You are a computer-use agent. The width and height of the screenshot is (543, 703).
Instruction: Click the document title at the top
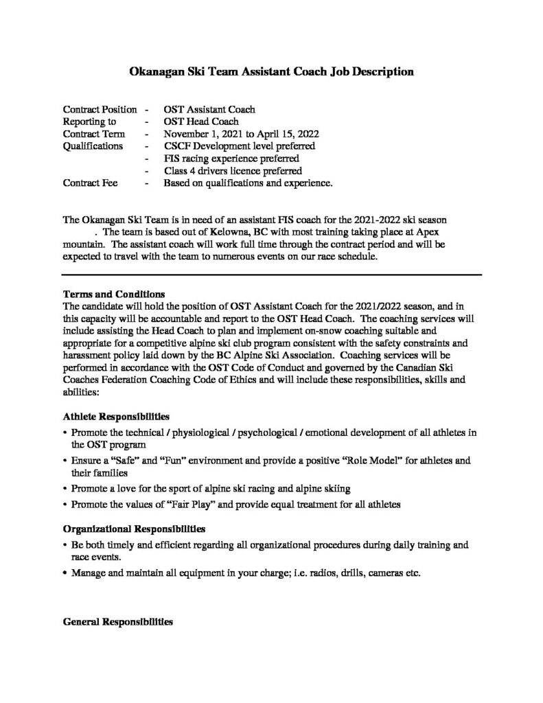pos(271,71)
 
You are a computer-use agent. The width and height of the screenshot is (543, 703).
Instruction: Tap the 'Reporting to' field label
pos(89,122)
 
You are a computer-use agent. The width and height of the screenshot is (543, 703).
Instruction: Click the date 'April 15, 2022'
pos(289,134)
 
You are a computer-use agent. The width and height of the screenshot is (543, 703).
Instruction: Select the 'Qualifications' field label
pos(93,146)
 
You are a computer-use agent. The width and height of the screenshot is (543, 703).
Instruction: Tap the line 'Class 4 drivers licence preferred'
pos(233,170)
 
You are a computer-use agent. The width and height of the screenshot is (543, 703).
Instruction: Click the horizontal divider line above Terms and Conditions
pos(272,274)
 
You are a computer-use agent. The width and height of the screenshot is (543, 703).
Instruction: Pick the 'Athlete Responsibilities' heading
pos(116,416)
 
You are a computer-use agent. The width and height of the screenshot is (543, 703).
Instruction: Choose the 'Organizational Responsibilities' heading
pos(134,529)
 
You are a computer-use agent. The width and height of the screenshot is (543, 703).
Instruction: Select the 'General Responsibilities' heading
pos(117,622)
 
